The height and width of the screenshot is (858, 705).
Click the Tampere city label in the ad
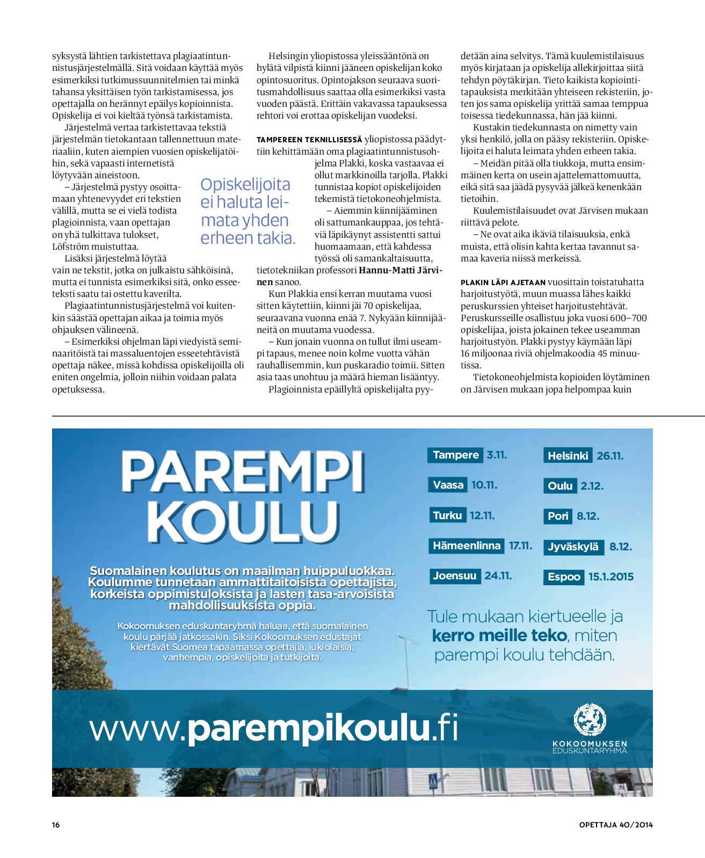455,455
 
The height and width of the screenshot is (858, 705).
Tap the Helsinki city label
568,456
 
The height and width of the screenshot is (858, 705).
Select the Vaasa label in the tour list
448,485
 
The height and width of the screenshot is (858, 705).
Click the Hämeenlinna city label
466,546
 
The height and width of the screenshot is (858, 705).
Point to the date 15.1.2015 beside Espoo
610,577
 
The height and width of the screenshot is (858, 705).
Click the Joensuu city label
454,576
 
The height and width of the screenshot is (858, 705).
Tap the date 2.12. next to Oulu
592,486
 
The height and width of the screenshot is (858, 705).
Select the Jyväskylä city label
573,547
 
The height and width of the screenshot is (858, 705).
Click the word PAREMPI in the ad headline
243,472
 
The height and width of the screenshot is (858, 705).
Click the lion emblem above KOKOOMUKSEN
590,720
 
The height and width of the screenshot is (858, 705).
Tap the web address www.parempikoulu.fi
274,729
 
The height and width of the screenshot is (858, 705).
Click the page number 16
56,825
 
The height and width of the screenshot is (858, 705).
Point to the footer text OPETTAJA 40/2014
615,825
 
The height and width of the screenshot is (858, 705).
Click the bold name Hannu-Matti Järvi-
400,270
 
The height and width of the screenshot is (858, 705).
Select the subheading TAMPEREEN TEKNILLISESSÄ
309,140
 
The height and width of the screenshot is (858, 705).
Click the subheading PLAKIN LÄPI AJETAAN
503,282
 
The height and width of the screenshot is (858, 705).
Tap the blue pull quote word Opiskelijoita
245,185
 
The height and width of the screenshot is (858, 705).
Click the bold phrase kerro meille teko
499,636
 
